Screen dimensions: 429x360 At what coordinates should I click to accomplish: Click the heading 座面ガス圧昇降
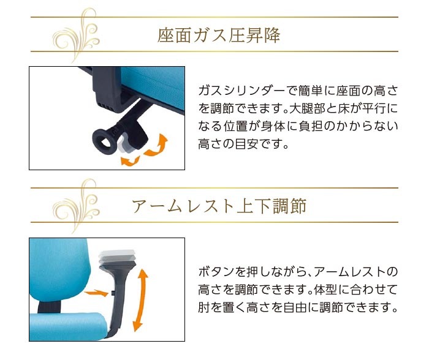click(219, 35)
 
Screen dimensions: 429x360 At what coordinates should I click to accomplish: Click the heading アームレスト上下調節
click(219, 206)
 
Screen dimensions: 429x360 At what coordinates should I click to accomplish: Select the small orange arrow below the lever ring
click(131, 161)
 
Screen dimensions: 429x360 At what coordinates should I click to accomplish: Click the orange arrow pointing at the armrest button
click(96, 293)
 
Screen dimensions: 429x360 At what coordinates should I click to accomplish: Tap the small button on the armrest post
click(113, 293)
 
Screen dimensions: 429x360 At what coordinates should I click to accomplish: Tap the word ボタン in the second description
click(216, 272)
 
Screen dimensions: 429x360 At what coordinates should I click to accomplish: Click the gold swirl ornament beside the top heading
click(76, 35)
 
